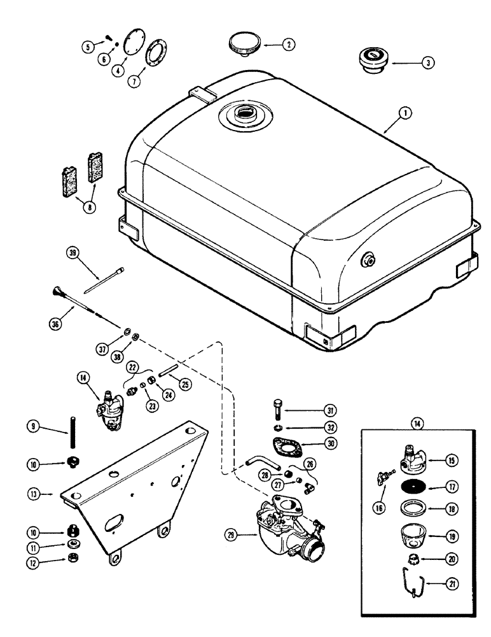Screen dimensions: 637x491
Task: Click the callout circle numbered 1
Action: coord(406,114)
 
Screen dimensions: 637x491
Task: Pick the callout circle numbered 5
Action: coord(88,45)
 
